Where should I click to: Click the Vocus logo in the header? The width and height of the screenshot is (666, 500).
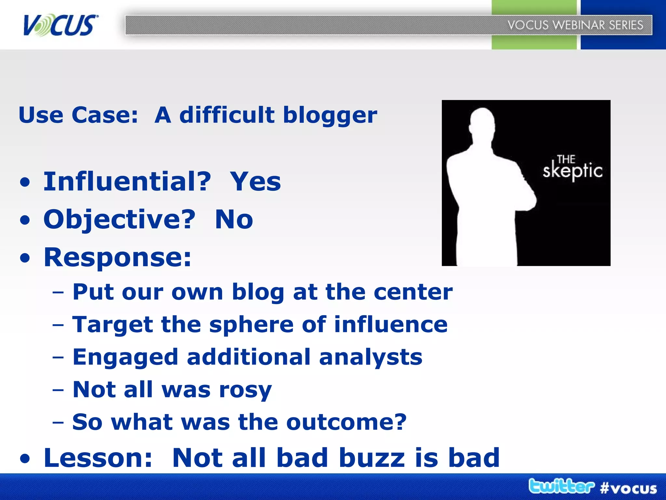[60, 25]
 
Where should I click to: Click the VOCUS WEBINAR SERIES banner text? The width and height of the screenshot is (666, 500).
[575, 25]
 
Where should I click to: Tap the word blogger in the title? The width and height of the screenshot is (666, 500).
[330, 116]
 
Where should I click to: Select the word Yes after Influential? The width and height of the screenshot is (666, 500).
[255, 182]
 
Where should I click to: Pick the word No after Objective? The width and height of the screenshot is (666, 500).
[234, 219]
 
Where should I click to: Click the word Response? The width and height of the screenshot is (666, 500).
[117, 257]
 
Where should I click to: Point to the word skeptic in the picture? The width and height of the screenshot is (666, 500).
[572, 171]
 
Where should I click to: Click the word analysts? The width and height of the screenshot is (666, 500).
[371, 357]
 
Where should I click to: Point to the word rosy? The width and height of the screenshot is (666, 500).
[245, 390]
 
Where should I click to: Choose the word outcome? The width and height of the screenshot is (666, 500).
[346, 422]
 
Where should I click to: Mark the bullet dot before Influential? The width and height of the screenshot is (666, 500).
[25, 183]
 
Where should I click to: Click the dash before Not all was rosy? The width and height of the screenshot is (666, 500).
[58, 390]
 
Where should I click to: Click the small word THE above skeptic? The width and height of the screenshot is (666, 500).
[566, 159]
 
